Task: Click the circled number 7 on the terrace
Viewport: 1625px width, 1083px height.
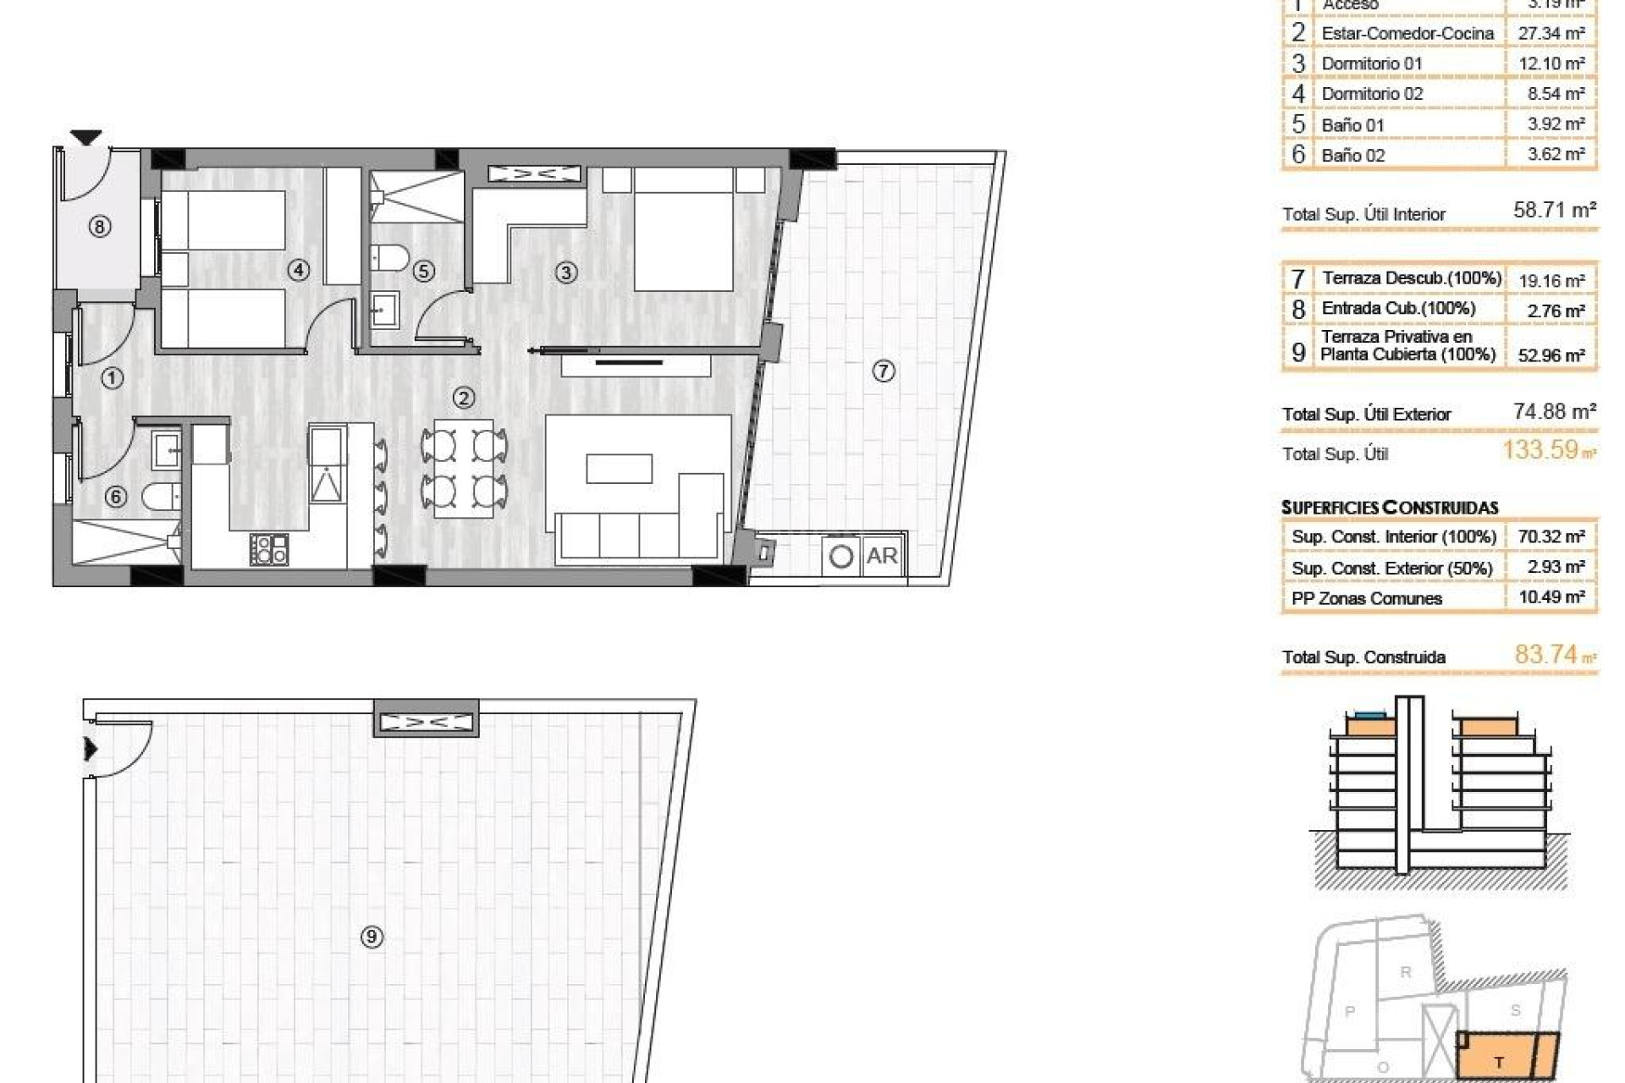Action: tap(884, 371)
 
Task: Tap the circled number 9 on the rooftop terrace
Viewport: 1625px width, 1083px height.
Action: tap(372, 937)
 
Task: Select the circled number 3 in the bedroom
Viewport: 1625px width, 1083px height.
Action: tap(565, 272)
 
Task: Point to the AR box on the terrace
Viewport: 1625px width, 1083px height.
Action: tap(882, 556)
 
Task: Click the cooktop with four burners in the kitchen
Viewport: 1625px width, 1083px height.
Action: tap(269, 549)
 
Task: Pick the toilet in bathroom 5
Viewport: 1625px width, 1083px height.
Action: tap(390, 256)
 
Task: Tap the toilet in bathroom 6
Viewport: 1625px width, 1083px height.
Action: tap(160, 496)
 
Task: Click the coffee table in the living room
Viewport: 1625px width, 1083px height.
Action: tap(619, 469)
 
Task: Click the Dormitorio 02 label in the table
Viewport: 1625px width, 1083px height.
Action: tap(1372, 94)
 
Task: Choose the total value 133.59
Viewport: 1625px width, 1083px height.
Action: tap(1541, 449)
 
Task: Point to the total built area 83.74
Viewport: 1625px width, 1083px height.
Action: tap(1546, 654)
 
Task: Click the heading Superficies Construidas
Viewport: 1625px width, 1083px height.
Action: tap(1390, 508)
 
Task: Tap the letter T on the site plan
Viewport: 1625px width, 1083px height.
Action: tap(1499, 1063)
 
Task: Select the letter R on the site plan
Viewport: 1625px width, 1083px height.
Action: tap(1406, 972)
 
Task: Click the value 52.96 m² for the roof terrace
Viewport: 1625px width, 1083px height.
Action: tap(1551, 355)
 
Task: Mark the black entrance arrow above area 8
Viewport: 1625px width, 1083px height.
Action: tap(85, 137)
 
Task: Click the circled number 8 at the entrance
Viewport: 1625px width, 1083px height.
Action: tap(100, 227)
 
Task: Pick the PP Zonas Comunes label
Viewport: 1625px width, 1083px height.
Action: tap(1366, 599)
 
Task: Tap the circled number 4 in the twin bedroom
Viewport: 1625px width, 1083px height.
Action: tap(298, 271)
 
